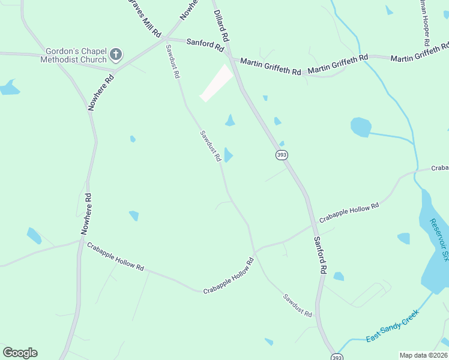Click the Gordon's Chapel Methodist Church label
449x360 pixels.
[x=74, y=55]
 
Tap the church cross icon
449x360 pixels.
[x=116, y=56]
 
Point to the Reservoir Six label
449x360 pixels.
[x=439, y=240]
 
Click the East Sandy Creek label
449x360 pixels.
[x=392, y=326]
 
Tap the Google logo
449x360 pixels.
[x=20, y=353]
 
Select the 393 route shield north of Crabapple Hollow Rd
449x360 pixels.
[x=282, y=155]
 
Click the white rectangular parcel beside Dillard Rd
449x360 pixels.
[x=217, y=83]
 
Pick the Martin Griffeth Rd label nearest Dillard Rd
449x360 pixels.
[x=270, y=67]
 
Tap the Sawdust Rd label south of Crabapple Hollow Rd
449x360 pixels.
[x=298, y=305]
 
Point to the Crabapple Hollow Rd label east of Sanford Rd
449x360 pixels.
[x=349, y=213]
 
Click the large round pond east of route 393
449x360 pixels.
[x=360, y=127]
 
